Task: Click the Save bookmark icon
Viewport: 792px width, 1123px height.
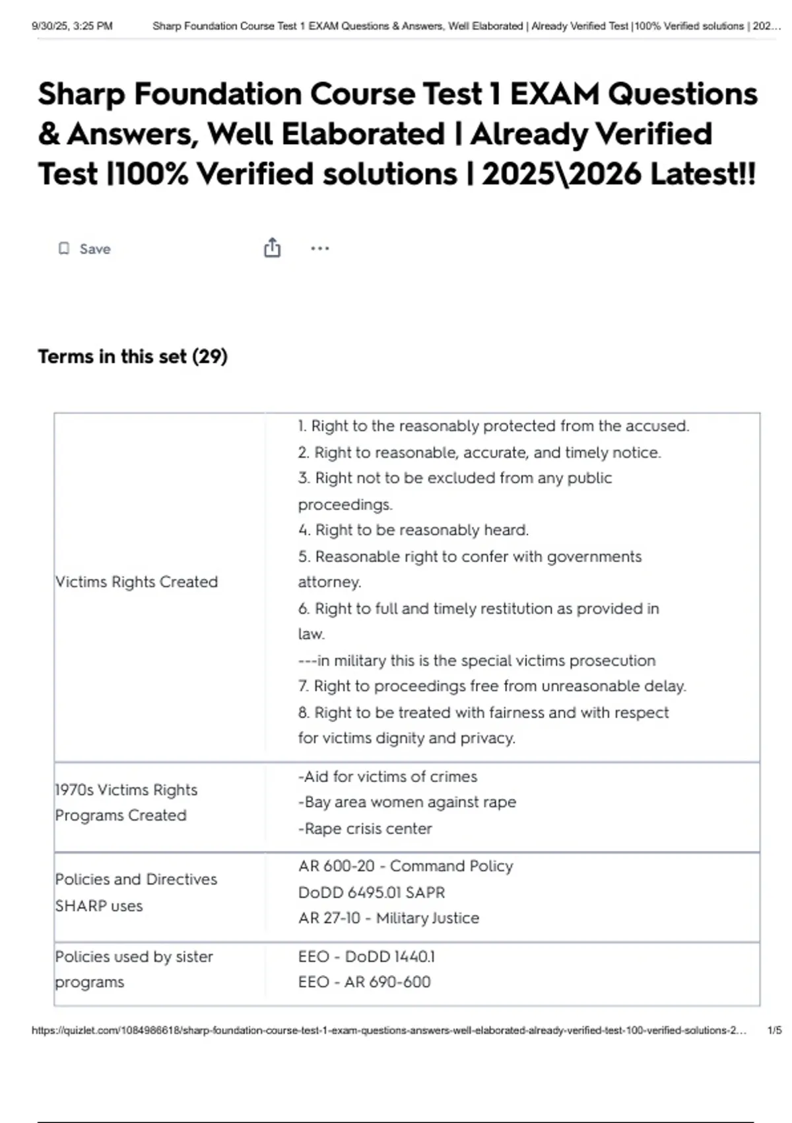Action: [64, 248]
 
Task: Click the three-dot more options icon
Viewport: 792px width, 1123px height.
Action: [319, 248]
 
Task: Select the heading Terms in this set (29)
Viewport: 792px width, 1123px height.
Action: [133, 357]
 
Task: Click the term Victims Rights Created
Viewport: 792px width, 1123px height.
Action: [137, 582]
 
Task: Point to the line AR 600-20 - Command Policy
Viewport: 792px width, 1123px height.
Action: [405, 866]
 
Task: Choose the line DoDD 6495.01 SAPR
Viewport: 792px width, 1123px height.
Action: [372, 892]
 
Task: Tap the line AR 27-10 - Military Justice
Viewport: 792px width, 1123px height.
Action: [389, 918]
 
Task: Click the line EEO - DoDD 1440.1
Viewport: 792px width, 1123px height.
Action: [366, 957]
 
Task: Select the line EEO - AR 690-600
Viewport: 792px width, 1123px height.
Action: [364, 982]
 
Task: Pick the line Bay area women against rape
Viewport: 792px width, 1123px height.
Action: [407, 802]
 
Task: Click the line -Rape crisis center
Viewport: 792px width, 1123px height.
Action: [365, 828]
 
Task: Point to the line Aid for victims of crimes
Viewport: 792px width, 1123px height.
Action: [387, 777]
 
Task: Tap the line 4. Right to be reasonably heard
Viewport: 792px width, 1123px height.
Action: [413, 530]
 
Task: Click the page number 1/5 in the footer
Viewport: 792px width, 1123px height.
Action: [774, 1031]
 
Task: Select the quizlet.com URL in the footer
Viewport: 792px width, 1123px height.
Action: [389, 1031]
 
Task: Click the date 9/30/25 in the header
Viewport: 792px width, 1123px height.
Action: [50, 26]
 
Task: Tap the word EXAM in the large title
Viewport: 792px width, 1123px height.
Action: [554, 94]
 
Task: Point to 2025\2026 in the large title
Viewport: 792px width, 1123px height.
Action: [562, 174]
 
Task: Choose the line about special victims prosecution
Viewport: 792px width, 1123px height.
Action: [477, 661]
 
